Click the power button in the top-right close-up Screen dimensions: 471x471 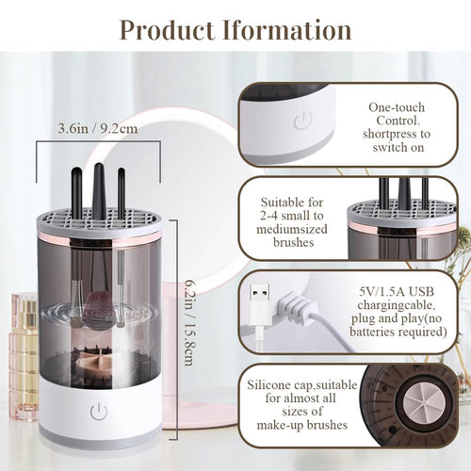[302, 120]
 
